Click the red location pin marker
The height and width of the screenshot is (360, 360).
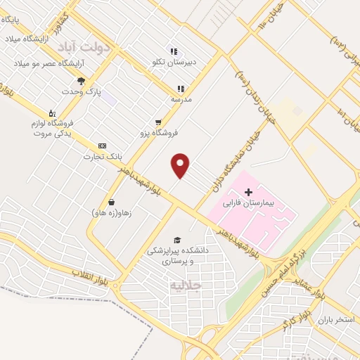[x=181, y=165]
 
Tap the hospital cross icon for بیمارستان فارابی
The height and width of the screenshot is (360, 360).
[x=248, y=191]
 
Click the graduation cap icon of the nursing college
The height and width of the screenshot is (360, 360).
[x=176, y=240]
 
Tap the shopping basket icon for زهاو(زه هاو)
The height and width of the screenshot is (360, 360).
[x=111, y=202]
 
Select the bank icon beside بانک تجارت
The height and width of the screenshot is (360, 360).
[x=103, y=145]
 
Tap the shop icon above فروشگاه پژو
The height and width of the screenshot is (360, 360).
[x=158, y=121]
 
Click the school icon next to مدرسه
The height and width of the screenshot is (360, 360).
[x=181, y=89]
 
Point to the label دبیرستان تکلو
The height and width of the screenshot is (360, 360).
[x=172, y=62]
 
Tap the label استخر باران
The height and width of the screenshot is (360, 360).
[x=334, y=319]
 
